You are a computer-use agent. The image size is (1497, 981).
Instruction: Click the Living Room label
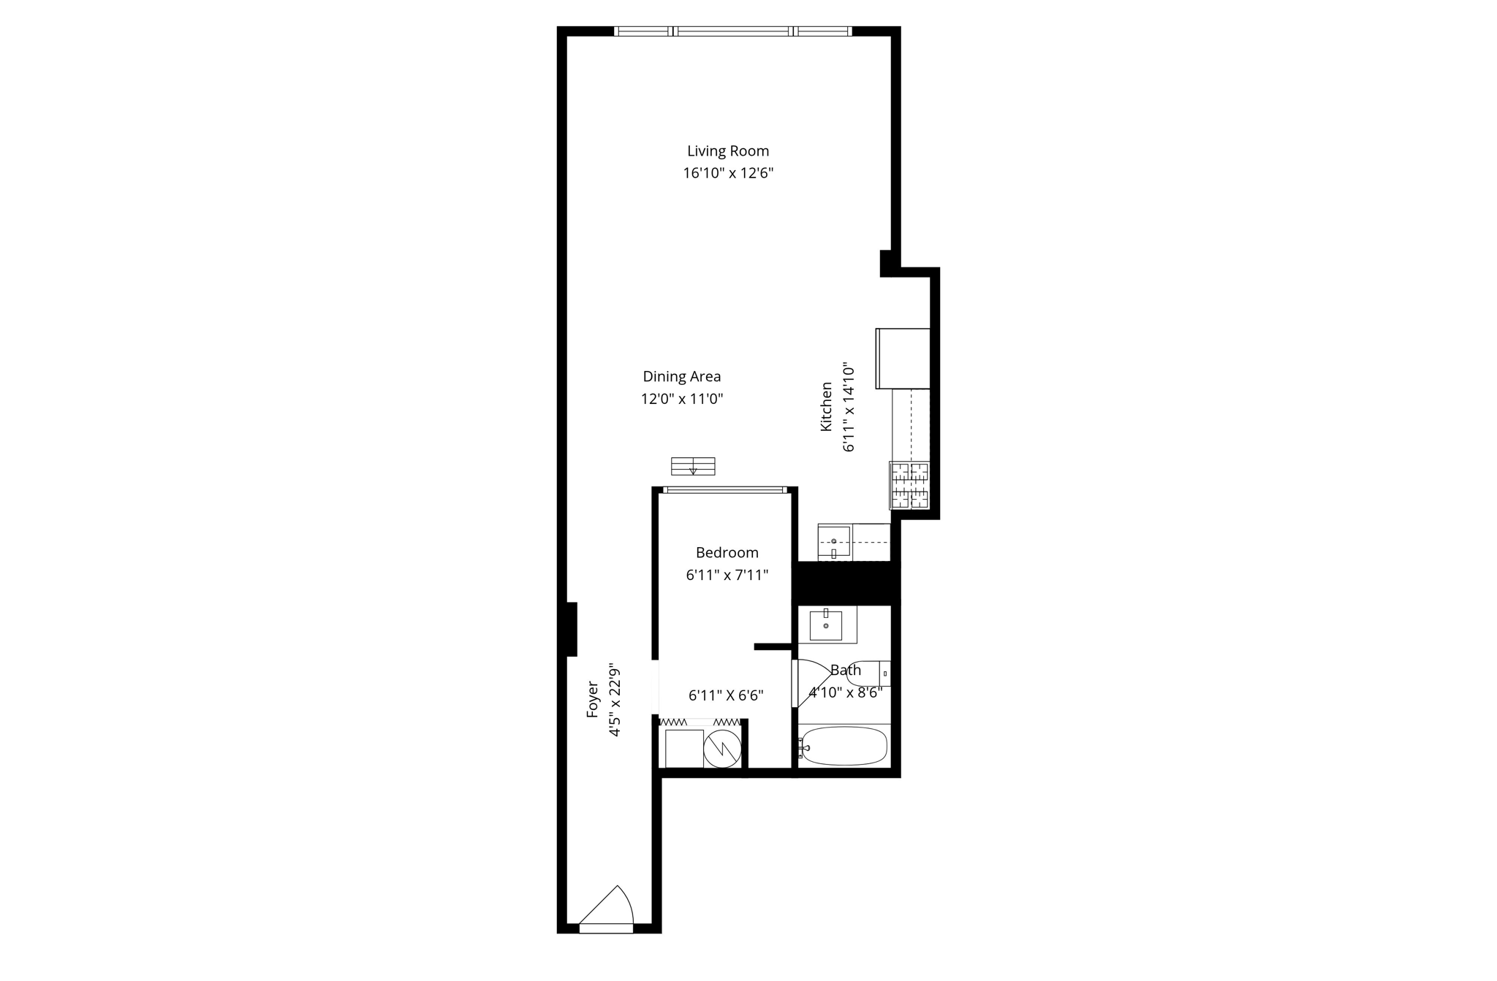[x=727, y=151]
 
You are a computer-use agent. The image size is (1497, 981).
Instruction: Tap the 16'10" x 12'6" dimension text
[x=727, y=173]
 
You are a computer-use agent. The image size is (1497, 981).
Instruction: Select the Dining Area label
[x=681, y=377]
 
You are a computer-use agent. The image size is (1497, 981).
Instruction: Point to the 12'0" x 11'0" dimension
[x=681, y=399]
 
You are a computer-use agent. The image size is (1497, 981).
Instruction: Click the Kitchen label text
[x=826, y=406]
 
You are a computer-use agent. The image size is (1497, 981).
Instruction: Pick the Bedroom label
[x=727, y=553]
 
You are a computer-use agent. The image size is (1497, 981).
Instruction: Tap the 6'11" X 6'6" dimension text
[x=726, y=695]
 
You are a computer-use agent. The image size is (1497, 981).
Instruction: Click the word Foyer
[x=593, y=699]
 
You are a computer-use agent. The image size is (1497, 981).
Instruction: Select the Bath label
[x=846, y=670]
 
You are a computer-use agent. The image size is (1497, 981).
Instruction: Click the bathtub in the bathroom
[x=844, y=746]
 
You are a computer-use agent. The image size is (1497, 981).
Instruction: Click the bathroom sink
[x=826, y=625]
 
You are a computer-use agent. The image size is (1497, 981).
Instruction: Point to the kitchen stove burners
[x=909, y=485]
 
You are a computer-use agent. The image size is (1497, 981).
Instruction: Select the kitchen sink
[x=834, y=541]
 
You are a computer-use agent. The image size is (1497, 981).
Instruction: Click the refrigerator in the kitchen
[x=903, y=359]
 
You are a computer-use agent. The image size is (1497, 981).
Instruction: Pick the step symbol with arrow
[x=693, y=466]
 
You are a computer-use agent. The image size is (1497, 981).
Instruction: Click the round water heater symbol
[x=722, y=748]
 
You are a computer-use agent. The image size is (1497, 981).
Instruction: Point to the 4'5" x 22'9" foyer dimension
[x=615, y=701]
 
